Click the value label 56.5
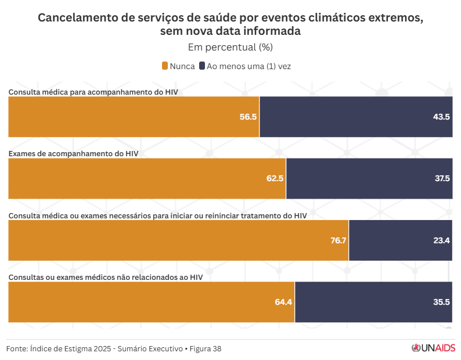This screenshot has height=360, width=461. (248, 117)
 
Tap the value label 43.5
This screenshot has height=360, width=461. (441, 117)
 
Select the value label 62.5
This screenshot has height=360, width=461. (275, 178)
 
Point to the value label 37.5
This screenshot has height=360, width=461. (442, 178)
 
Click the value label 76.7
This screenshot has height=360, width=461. (338, 240)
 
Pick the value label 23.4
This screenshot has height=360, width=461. (442, 240)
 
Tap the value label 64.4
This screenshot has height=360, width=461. (283, 302)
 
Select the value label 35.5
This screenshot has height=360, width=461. (442, 302)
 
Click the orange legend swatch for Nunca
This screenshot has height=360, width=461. (165, 66)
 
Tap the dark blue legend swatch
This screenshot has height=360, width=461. (201, 66)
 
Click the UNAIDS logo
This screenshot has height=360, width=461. (433, 348)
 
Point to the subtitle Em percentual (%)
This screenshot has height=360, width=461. (230, 47)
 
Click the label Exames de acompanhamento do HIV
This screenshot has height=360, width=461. (73, 153)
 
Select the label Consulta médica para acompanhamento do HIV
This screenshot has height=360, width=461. (93, 92)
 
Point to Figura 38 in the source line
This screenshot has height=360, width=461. (205, 349)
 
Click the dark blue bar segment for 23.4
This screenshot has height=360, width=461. (401, 240)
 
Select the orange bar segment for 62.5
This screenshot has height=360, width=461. (147, 178)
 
